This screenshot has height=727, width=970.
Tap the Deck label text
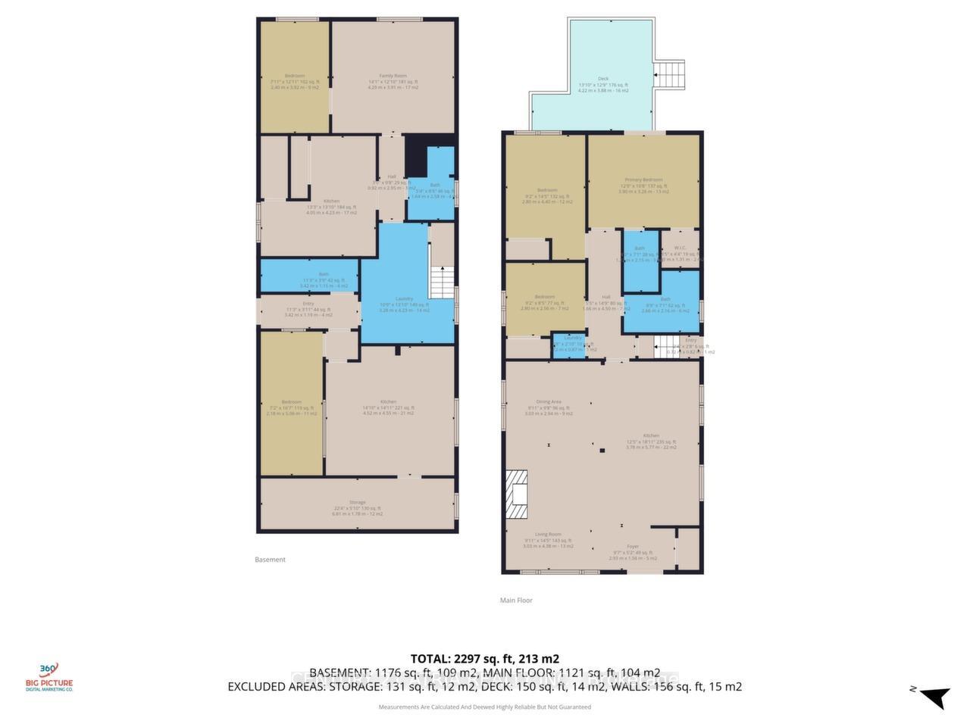click(603, 79)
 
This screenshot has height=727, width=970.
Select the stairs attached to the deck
click(670, 75)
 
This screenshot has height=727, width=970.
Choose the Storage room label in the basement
click(357, 503)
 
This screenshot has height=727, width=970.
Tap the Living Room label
click(547, 535)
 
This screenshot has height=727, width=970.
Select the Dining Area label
click(548, 402)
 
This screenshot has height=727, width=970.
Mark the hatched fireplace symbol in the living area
click(518, 495)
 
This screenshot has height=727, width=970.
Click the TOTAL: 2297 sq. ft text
click(484, 659)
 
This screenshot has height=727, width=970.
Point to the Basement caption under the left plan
click(270, 560)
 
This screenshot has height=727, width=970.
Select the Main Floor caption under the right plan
click(516, 601)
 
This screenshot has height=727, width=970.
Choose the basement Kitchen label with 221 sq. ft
click(388, 402)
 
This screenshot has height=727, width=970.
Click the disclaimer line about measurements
click(484, 707)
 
